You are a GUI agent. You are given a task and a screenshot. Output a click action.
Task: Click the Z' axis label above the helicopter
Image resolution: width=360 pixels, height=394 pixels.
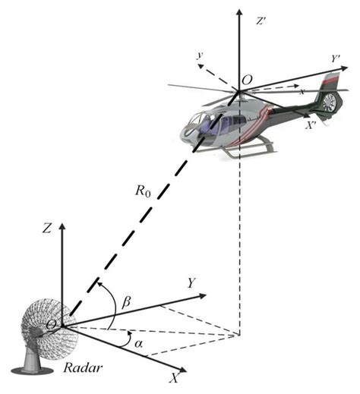261,22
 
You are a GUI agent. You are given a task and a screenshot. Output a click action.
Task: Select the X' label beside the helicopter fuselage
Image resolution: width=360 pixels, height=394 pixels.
311,128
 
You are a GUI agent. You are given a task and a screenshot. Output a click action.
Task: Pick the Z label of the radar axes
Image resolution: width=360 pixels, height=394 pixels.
47,226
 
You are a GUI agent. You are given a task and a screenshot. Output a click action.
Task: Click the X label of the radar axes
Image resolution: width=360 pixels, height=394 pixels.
175,375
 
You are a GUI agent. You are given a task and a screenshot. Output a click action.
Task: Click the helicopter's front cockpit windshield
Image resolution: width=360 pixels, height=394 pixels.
198,121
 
